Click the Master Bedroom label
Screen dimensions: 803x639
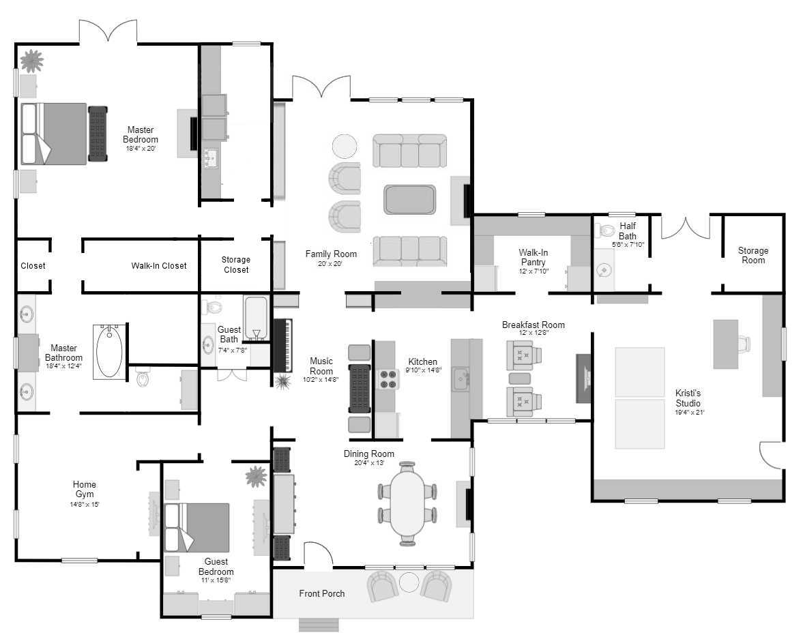[141, 134]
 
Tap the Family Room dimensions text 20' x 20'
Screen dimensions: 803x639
[330, 264]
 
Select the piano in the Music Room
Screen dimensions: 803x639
[282, 346]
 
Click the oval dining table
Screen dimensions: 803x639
[407, 504]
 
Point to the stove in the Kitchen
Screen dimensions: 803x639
[388, 379]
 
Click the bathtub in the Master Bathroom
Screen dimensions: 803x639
[109, 352]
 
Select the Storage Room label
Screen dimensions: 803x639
[753, 255]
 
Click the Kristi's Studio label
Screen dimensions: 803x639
[688, 398]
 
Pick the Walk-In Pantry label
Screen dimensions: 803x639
[533, 257]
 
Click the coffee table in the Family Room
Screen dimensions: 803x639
[410, 200]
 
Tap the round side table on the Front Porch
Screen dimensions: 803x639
[409, 582]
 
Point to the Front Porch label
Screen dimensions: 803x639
[321, 593]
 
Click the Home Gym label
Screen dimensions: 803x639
[85, 489]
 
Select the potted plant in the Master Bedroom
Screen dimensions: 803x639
[32, 61]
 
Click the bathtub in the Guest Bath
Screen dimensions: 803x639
[256, 318]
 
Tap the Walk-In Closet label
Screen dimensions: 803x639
[159, 266]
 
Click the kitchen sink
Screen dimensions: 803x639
[460, 379]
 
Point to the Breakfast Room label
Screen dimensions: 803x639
[533, 325]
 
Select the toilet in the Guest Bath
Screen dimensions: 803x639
[211, 307]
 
